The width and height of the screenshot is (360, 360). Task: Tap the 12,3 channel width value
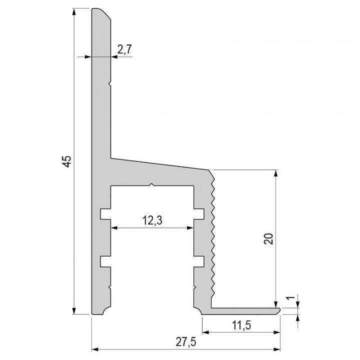[152, 219]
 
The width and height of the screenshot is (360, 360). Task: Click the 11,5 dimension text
[241, 325]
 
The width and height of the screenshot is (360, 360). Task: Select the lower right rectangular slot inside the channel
[198, 261]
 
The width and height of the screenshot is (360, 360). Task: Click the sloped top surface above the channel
[160, 164]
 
